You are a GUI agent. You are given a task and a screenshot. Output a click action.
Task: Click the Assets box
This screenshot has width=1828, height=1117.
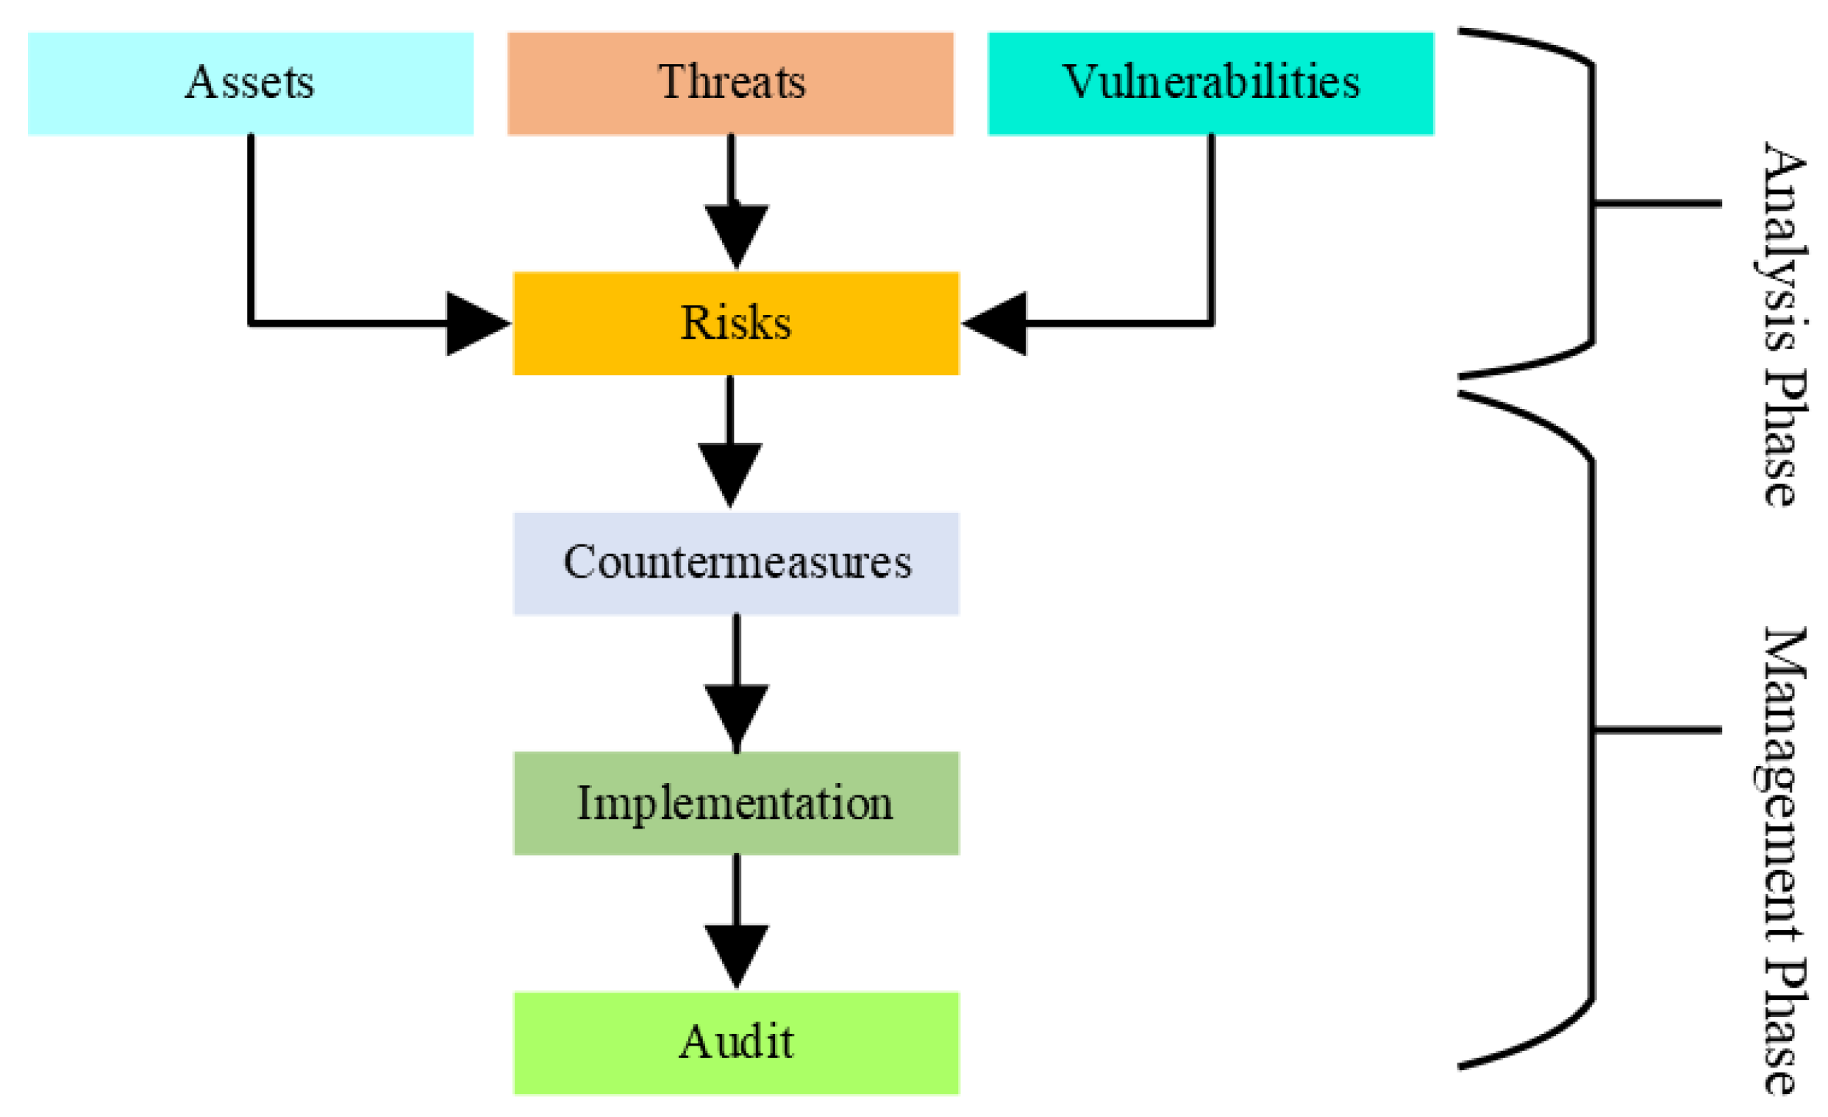tap(251, 83)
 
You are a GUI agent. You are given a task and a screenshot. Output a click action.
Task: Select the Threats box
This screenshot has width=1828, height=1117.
tap(731, 83)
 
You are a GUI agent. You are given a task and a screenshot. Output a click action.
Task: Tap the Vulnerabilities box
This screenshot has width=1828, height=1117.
tap(1211, 83)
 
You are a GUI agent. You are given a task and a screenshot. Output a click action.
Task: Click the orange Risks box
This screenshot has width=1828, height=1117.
tap(736, 324)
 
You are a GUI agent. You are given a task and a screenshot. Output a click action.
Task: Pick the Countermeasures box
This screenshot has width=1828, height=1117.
tap(736, 564)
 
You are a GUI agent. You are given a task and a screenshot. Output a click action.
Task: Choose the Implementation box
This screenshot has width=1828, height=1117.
tap(736, 804)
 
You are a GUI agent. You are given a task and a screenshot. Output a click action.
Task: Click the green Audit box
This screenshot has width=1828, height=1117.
tap(736, 1043)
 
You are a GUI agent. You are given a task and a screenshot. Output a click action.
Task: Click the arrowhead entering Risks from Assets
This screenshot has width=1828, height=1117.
tap(475, 324)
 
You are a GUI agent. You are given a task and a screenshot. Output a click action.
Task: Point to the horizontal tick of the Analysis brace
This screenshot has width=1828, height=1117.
tap(1658, 202)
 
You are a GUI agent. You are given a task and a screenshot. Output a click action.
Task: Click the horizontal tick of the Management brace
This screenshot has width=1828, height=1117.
tap(1658, 730)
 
